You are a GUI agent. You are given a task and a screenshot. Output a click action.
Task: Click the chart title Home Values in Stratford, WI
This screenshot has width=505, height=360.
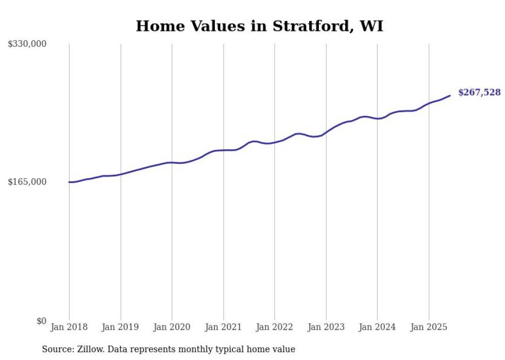(x=259, y=26)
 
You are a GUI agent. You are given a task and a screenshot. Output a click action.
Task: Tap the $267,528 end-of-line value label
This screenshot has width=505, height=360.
(x=479, y=92)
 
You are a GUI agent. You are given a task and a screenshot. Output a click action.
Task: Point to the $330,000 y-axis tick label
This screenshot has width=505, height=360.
(x=27, y=44)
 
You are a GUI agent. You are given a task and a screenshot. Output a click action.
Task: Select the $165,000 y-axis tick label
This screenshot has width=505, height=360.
(x=27, y=182)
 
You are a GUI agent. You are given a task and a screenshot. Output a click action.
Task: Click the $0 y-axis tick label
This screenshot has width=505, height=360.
(x=41, y=321)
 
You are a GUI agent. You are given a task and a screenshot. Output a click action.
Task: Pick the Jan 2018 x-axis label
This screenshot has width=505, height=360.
(x=69, y=327)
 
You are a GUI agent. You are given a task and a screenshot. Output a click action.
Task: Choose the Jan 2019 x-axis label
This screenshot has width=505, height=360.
(x=121, y=327)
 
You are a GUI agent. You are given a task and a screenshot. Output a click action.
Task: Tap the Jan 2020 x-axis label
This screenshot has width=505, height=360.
(x=172, y=327)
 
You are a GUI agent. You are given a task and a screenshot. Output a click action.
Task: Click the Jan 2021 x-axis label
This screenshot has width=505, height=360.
(x=223, y=327)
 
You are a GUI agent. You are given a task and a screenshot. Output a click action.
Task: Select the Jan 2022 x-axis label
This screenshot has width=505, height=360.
(x=275, y=327)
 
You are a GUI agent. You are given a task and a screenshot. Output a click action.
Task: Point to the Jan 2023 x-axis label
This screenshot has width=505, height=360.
(x=326, y=327)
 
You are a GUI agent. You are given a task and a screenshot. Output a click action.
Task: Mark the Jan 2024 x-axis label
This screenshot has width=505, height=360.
(x=377, y=327)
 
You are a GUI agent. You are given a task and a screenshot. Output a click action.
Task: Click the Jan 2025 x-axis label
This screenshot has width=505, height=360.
(x=429, y=327)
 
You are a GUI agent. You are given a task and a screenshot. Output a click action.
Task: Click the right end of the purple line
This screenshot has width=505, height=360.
(x=450, y=95)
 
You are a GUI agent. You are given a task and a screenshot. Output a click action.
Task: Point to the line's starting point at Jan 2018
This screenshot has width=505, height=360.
(x=69, y=182)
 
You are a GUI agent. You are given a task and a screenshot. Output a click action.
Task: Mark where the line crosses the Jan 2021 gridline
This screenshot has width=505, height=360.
(x=223, y=150)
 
